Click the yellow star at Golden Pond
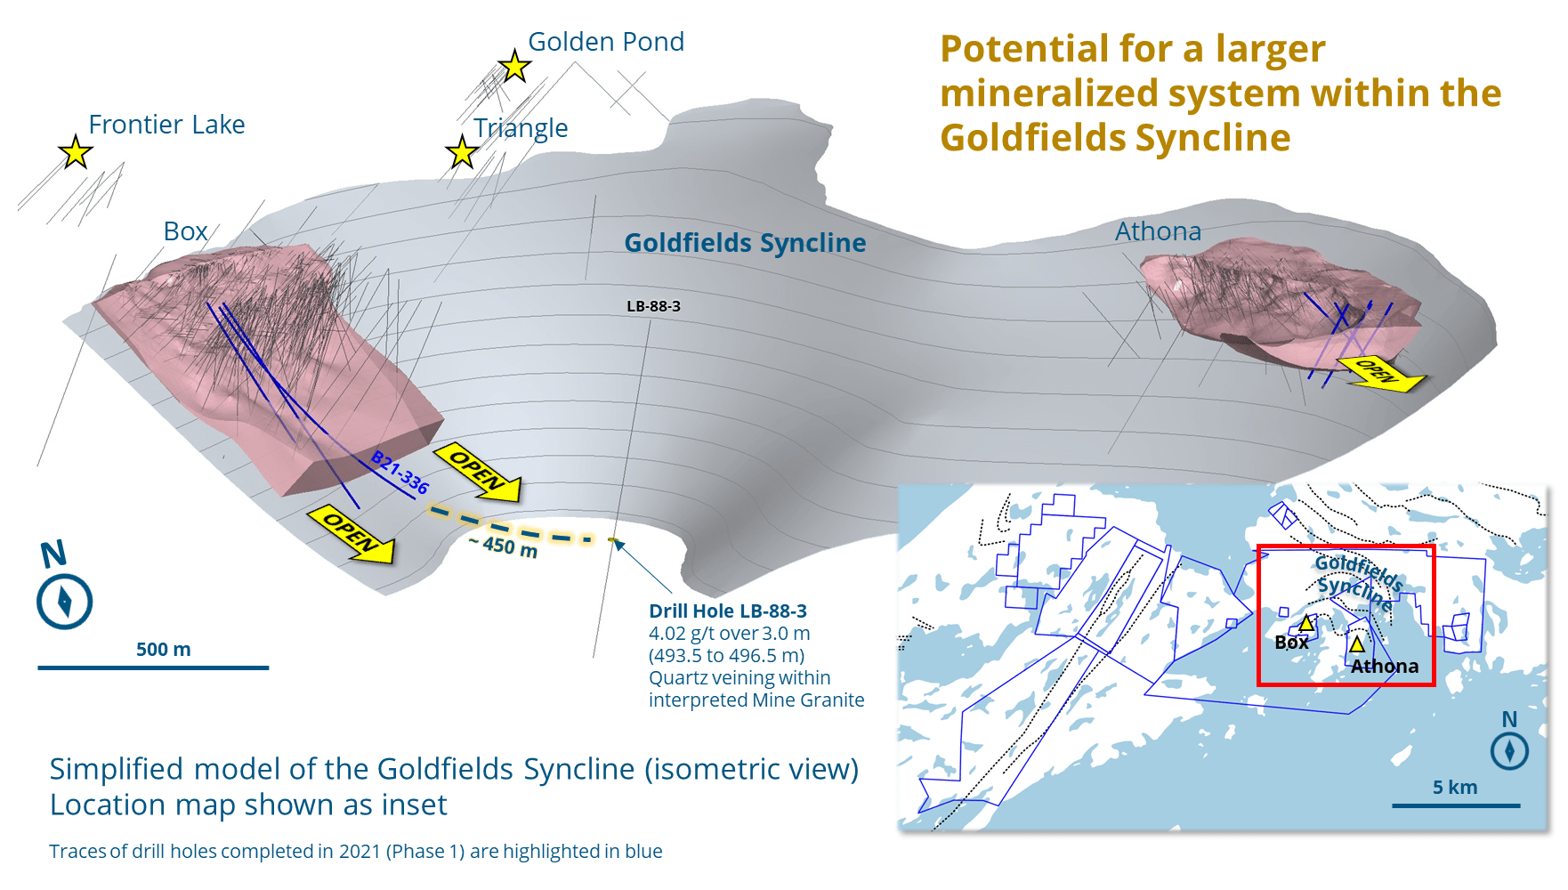(514, 66)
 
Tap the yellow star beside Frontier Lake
(76, 152)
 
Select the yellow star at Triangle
(462, 152)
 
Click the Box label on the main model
(185, 231)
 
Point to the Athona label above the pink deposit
(1158, 231)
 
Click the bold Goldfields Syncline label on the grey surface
(745, 243)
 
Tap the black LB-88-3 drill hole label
(653, 306)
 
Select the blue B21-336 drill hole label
(400, 473)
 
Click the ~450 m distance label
(504, 546)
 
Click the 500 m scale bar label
(163, 650)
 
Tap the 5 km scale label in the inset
(1454, 788)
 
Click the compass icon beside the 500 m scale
(64, 602)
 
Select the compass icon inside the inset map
(1509, 750)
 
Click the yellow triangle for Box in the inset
(1306, 623)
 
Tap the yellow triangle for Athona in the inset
(1357, 643)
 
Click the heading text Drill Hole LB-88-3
(727, 611)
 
